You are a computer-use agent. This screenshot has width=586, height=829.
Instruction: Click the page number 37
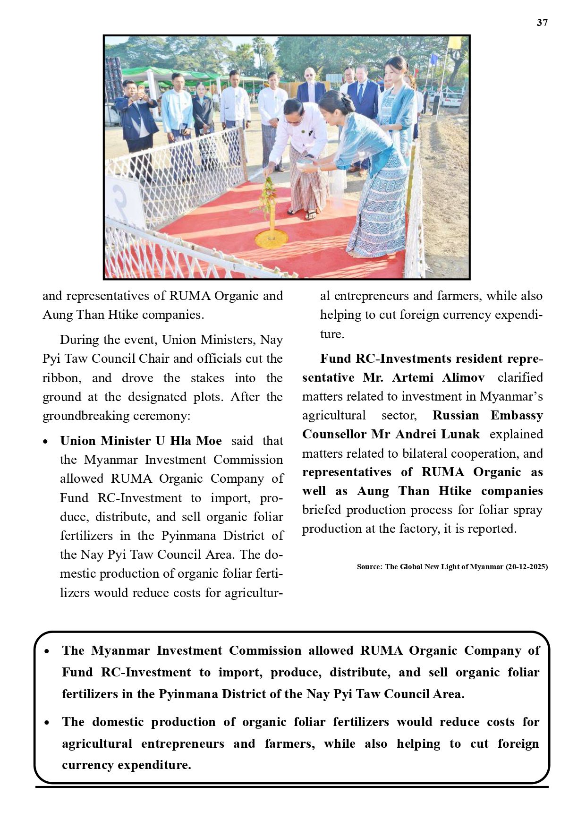(542, 23)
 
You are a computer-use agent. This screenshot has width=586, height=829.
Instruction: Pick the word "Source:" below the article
(369, 566)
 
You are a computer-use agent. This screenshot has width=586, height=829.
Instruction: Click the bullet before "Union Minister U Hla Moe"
(45, 442)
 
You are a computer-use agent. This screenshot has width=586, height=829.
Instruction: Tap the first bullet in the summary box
(47, 651)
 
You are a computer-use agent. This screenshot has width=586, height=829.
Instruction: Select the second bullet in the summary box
(47, 723)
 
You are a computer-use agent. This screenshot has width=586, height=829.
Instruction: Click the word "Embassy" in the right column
(517, 415)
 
